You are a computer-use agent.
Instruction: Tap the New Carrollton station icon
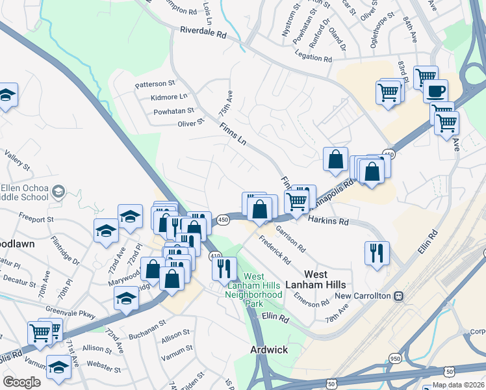tap(399, 296)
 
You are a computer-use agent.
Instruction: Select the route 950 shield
tap(395, 358)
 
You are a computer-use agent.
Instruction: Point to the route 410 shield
tap(216, 257)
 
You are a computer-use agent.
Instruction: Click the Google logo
tap(21, 382)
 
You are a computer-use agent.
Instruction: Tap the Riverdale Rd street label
tap(203, 31)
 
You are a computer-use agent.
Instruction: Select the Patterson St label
tap(155, 84)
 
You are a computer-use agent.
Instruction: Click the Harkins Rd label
tap(328, 222)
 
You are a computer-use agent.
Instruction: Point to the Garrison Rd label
tap(290, 238)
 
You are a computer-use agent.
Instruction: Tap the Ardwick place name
tap(269, 350)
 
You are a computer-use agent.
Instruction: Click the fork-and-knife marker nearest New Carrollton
tap(376, 252)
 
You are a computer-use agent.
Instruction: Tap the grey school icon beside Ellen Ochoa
tap(58, 191)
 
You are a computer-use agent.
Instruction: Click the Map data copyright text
tap(459, 385)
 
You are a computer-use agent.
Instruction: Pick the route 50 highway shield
tap(450, 370)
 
